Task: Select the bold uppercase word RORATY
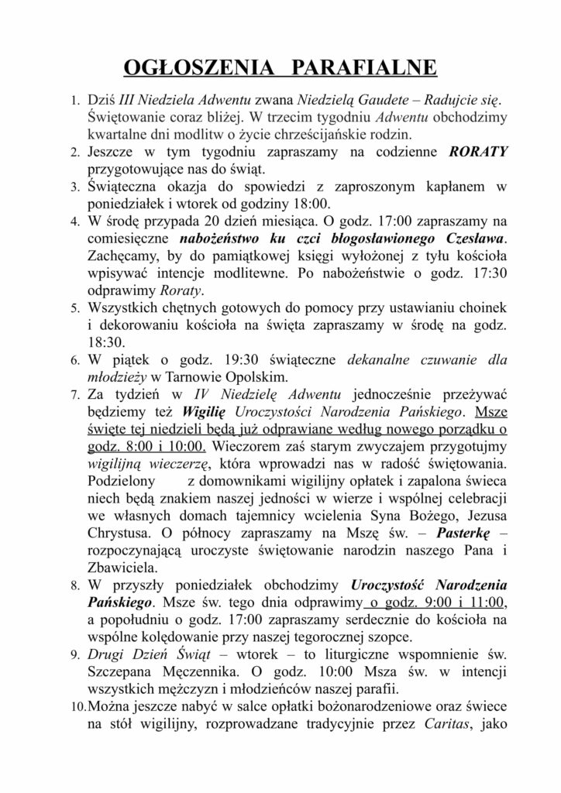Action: pyautogui.click(x=479, y=153)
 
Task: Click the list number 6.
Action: pyautogui.click(x=74, y=360)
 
